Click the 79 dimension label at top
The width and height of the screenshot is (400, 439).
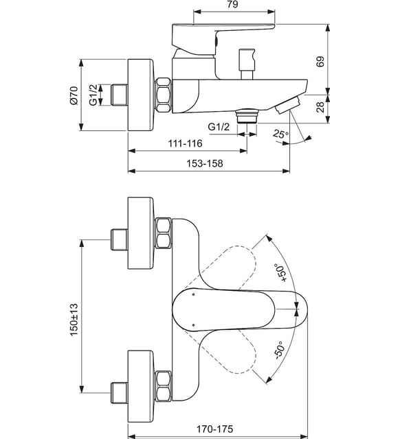click(233, 4)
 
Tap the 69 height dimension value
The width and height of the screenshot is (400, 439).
click(320, 62)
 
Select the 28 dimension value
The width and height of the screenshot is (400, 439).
click(320, 107)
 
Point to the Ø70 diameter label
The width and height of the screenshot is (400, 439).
click(74, 95)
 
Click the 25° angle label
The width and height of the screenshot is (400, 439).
click(281, 134)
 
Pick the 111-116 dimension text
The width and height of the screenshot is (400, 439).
click(185, 143)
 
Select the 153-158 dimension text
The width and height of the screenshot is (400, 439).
click(205, 163)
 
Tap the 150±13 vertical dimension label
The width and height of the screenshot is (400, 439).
click(74, 320)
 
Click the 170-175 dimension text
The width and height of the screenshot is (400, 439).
click(214, 429)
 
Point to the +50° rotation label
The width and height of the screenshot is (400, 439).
click(281, 272)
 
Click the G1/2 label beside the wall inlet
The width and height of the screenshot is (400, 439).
click(93, 95)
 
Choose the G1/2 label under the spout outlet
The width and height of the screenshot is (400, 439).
click(219, 127)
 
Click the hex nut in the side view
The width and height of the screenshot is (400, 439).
click(164, 95)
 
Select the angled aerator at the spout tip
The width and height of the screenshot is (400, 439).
click(288, 105)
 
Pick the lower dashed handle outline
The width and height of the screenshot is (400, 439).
click(225, 351)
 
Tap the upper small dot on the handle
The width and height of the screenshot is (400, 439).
click(193, 294)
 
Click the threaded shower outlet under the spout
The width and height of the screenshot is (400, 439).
click(247, 116)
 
